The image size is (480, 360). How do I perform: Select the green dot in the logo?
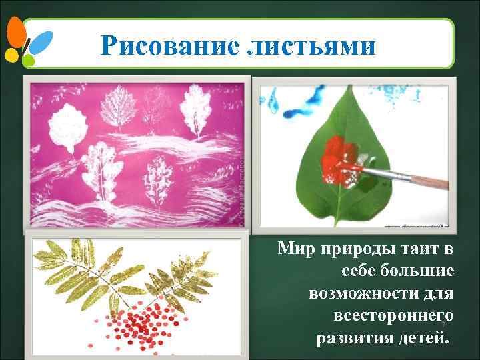pyautogui.click(x=29, y=60)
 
